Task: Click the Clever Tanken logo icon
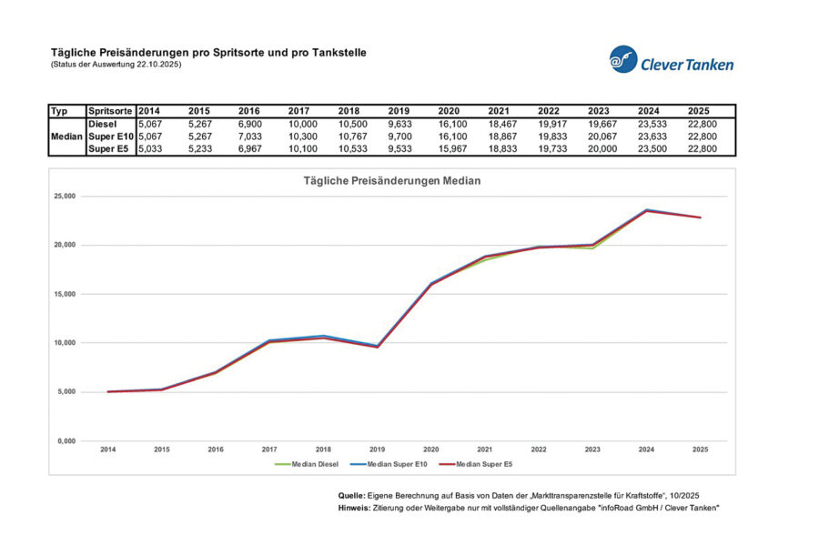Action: click(623, 60)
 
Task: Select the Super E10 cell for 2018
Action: click(352, 136)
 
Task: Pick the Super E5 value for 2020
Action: click(452, 149)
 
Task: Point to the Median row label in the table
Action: click(66, 136)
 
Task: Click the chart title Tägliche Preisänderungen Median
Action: click(392, 181)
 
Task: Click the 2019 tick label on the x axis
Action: click(377, 450)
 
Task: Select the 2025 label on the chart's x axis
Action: click(699, 450)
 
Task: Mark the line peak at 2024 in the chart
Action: click(646, 210)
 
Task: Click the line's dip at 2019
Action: click(377, 347)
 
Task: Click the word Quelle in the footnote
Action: click(350, 494)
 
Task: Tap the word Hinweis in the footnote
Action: click(352, 507)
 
